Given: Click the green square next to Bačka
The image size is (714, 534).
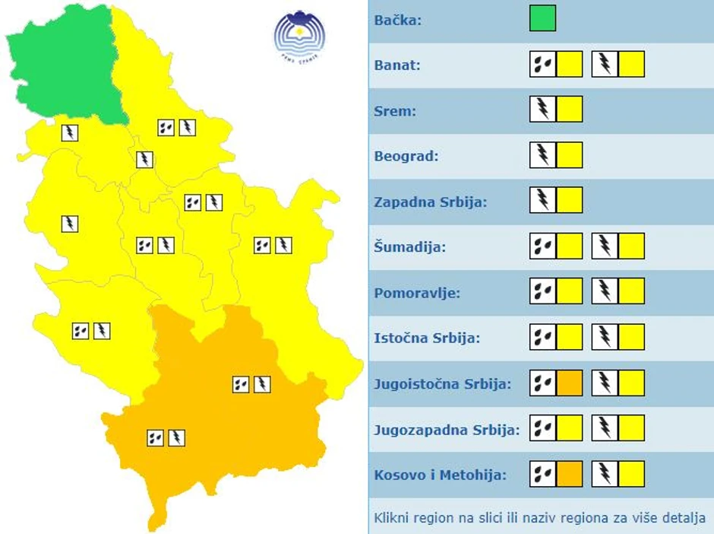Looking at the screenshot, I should (x=542, y=18).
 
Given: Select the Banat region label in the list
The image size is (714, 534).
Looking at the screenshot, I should (x=397, y=65).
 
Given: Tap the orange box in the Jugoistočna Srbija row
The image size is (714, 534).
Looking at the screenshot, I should (x=569, y=383).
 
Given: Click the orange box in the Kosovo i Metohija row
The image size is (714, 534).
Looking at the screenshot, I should (x=569, y=474).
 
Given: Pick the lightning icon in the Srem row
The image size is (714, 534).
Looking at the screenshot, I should (x=542, y=110).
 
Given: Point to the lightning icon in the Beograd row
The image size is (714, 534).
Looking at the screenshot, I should (x=542, y=155).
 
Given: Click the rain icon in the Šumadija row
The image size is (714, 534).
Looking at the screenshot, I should (x=542, y=246).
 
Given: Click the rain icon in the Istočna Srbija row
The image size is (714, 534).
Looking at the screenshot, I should (x=542, y=337).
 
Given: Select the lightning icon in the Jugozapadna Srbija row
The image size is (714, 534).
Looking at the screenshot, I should (x=605, y=428).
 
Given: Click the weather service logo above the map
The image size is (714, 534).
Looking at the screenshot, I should (x=299, y=34).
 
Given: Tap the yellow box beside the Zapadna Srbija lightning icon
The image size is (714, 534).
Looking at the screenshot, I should (x=569, y=201).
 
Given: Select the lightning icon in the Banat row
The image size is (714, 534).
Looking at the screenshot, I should (x=605, y=64).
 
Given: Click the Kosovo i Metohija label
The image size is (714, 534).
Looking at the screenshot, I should (x=441, y=475).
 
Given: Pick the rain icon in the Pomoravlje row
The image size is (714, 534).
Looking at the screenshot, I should (x=542, y=291).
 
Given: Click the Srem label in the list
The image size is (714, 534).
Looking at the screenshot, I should (x=395, y=110).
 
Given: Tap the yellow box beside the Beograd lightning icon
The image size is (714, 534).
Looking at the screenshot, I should (x=569, y=155).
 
